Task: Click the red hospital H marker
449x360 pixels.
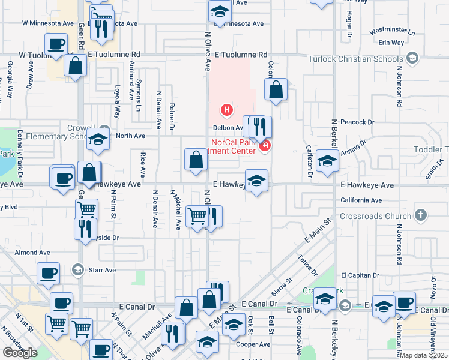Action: click(227, 110)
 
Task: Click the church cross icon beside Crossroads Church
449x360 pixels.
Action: click(421, 215)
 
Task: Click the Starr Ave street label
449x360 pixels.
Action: click(102, 270)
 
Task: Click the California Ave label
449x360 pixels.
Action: click(361, 200)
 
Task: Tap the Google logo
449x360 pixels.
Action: click(20, 353)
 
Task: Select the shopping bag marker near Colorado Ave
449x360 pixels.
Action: click(276, 89)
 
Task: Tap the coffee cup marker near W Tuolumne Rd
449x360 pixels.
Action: click(56, 44)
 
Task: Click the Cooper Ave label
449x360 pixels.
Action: click(253, 344)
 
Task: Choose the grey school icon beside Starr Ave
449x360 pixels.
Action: click(77, 269)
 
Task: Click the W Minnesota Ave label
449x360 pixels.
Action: click(47, 23)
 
